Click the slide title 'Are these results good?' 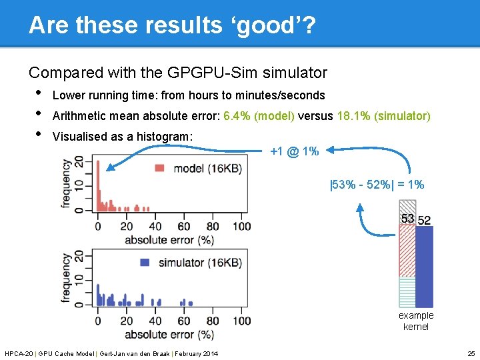click(172, 25)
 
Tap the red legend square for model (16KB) click(160, 168)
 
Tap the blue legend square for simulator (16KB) click(145, 263)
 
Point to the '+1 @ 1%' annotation click(294, 151)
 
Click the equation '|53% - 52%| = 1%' click(377, 185)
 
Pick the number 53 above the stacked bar click(407, 219)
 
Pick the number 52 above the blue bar click(424, 220)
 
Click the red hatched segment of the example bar click(407, 250)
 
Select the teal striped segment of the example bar click(407, 291)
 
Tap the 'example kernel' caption click(416, 321)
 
